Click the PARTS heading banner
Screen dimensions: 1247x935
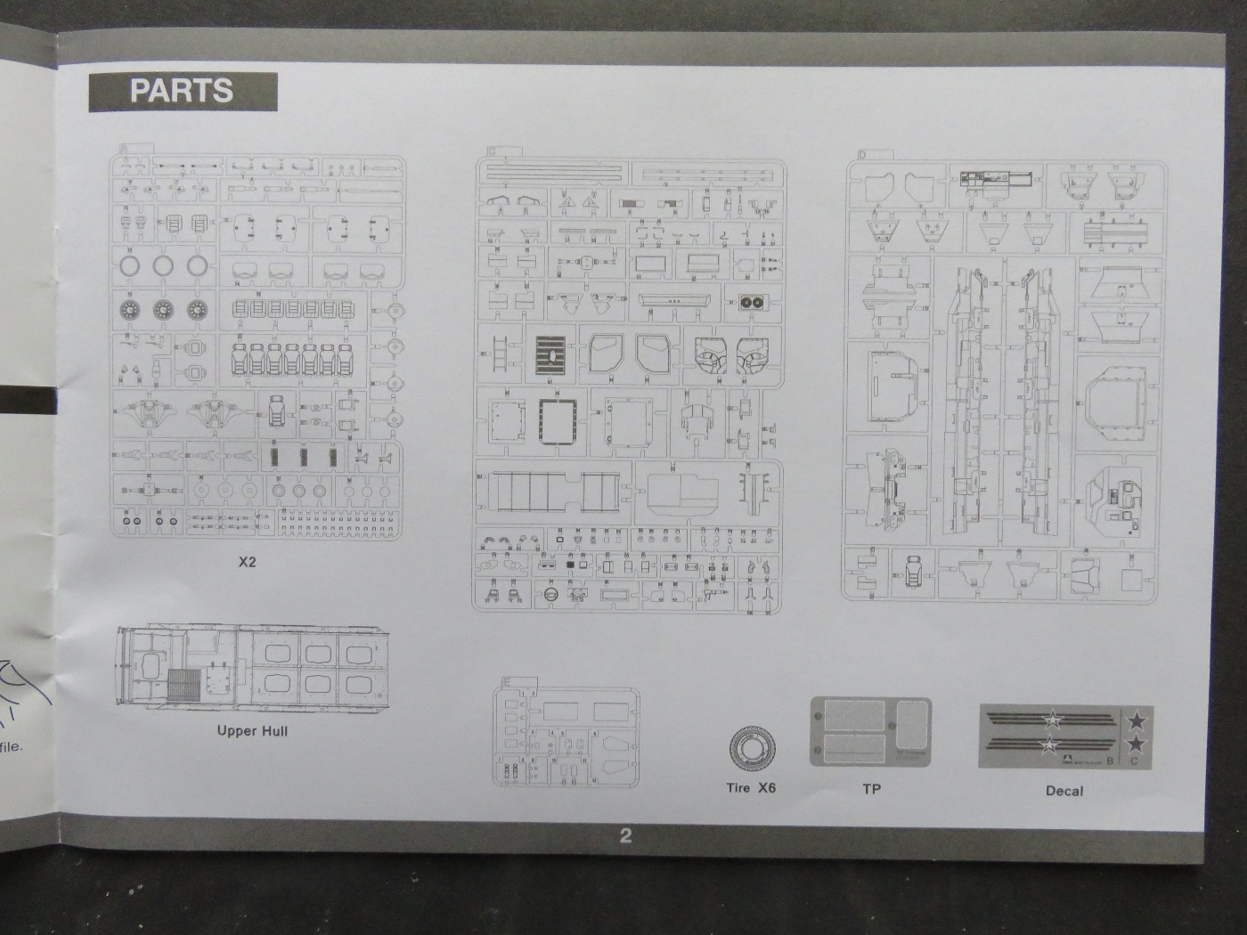click(182, 92)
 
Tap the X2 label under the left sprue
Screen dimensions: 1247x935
click(247, 563)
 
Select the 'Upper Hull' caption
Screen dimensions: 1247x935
click(252, 731)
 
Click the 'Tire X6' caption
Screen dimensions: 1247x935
click(751, 788)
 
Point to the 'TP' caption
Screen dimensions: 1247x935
click(871, 789)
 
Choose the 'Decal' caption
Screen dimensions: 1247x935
click(1064, 791)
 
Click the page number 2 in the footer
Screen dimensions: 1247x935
click(625, 835)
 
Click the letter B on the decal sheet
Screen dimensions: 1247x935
click(1110, 760)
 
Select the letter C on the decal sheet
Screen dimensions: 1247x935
click(1134, 760)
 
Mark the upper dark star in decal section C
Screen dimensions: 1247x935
click(1137, 720)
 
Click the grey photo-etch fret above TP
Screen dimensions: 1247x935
click(870, 733)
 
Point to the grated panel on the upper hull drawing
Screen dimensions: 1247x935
click(185, 687)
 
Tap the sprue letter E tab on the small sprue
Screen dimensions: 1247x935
click(507, 682)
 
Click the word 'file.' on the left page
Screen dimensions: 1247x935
click(12, 746)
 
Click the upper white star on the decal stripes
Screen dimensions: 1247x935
click(1053, 719)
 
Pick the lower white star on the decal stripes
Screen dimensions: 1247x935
click(1050, 744)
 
